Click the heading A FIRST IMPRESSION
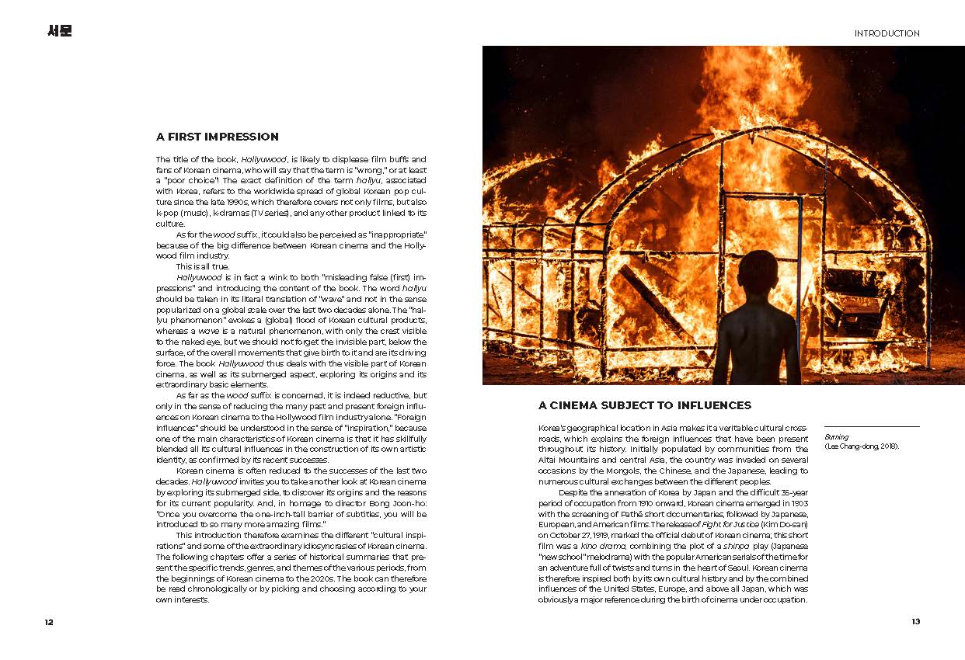[x=217, y=137]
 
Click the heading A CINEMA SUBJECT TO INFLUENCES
[x=644, y=405]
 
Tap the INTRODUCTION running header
[x=887, y=33]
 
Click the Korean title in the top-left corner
[x=59, y=32]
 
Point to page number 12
[x=49, y=621]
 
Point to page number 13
[x=915, y=621]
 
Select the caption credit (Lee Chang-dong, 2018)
[x=861, y=447]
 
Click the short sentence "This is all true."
[x=203, y=266]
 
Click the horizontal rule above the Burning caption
[x=871, y=426]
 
